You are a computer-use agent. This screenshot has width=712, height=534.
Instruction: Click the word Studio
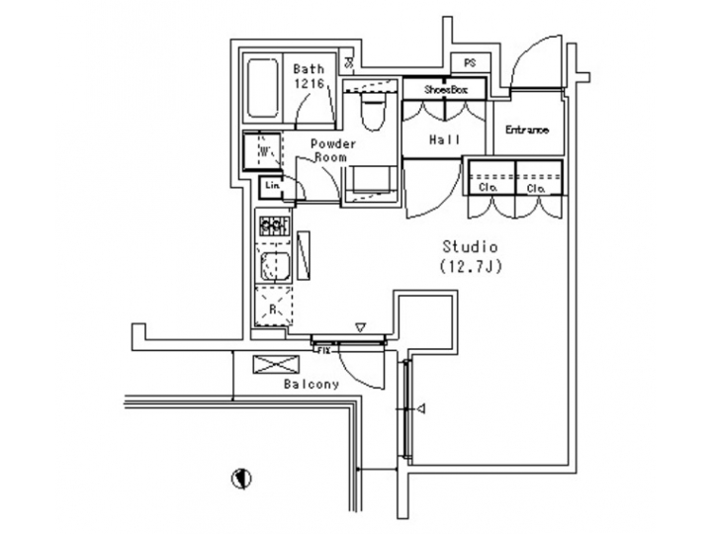click(x=468, y=245)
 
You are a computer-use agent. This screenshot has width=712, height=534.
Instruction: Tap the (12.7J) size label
click(x=468, y=265)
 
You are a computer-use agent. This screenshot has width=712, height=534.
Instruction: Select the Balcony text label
click(x=311, y=384)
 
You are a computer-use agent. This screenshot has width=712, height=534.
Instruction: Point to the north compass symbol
click(x=238, y=479)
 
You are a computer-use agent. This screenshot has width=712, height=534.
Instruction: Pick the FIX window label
click(x=322, y=348)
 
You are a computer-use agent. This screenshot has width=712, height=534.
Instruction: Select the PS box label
click(x=469, y=63)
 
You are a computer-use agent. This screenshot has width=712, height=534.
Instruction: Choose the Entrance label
click(x=527, y=131)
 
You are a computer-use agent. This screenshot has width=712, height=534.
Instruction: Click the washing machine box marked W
click(x=263, y=151)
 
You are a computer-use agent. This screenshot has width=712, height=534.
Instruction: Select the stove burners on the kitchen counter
click(x=273, y=225)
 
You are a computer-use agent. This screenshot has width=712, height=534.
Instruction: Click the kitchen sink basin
click(x=273, y=265)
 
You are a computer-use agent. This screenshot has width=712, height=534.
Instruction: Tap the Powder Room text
click(x=333, y=150)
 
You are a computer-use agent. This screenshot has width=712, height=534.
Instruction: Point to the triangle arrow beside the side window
click(x=422, y=407)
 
